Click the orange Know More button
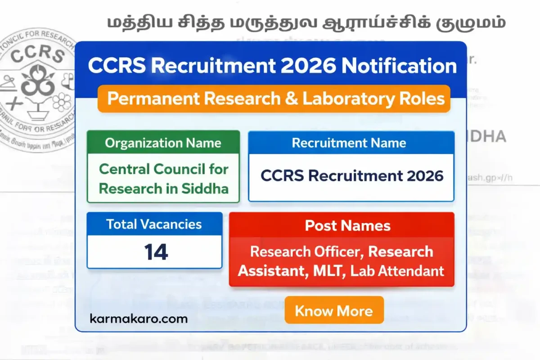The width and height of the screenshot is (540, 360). tap(334, 310)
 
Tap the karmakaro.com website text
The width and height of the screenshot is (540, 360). tap(139, 319)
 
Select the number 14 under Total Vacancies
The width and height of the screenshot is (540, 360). tap(156, 252)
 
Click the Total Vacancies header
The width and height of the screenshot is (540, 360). tap(154, 224)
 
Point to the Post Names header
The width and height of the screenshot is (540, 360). tap(347, 225)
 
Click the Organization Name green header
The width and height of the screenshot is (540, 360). tap(163, 143)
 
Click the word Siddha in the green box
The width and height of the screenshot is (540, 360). tap(208, 189)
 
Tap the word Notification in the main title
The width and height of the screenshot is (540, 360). tap(399, 66)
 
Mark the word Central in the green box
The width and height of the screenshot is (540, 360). tap(124, 169)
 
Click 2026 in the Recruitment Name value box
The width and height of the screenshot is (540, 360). tap(425, 175)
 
